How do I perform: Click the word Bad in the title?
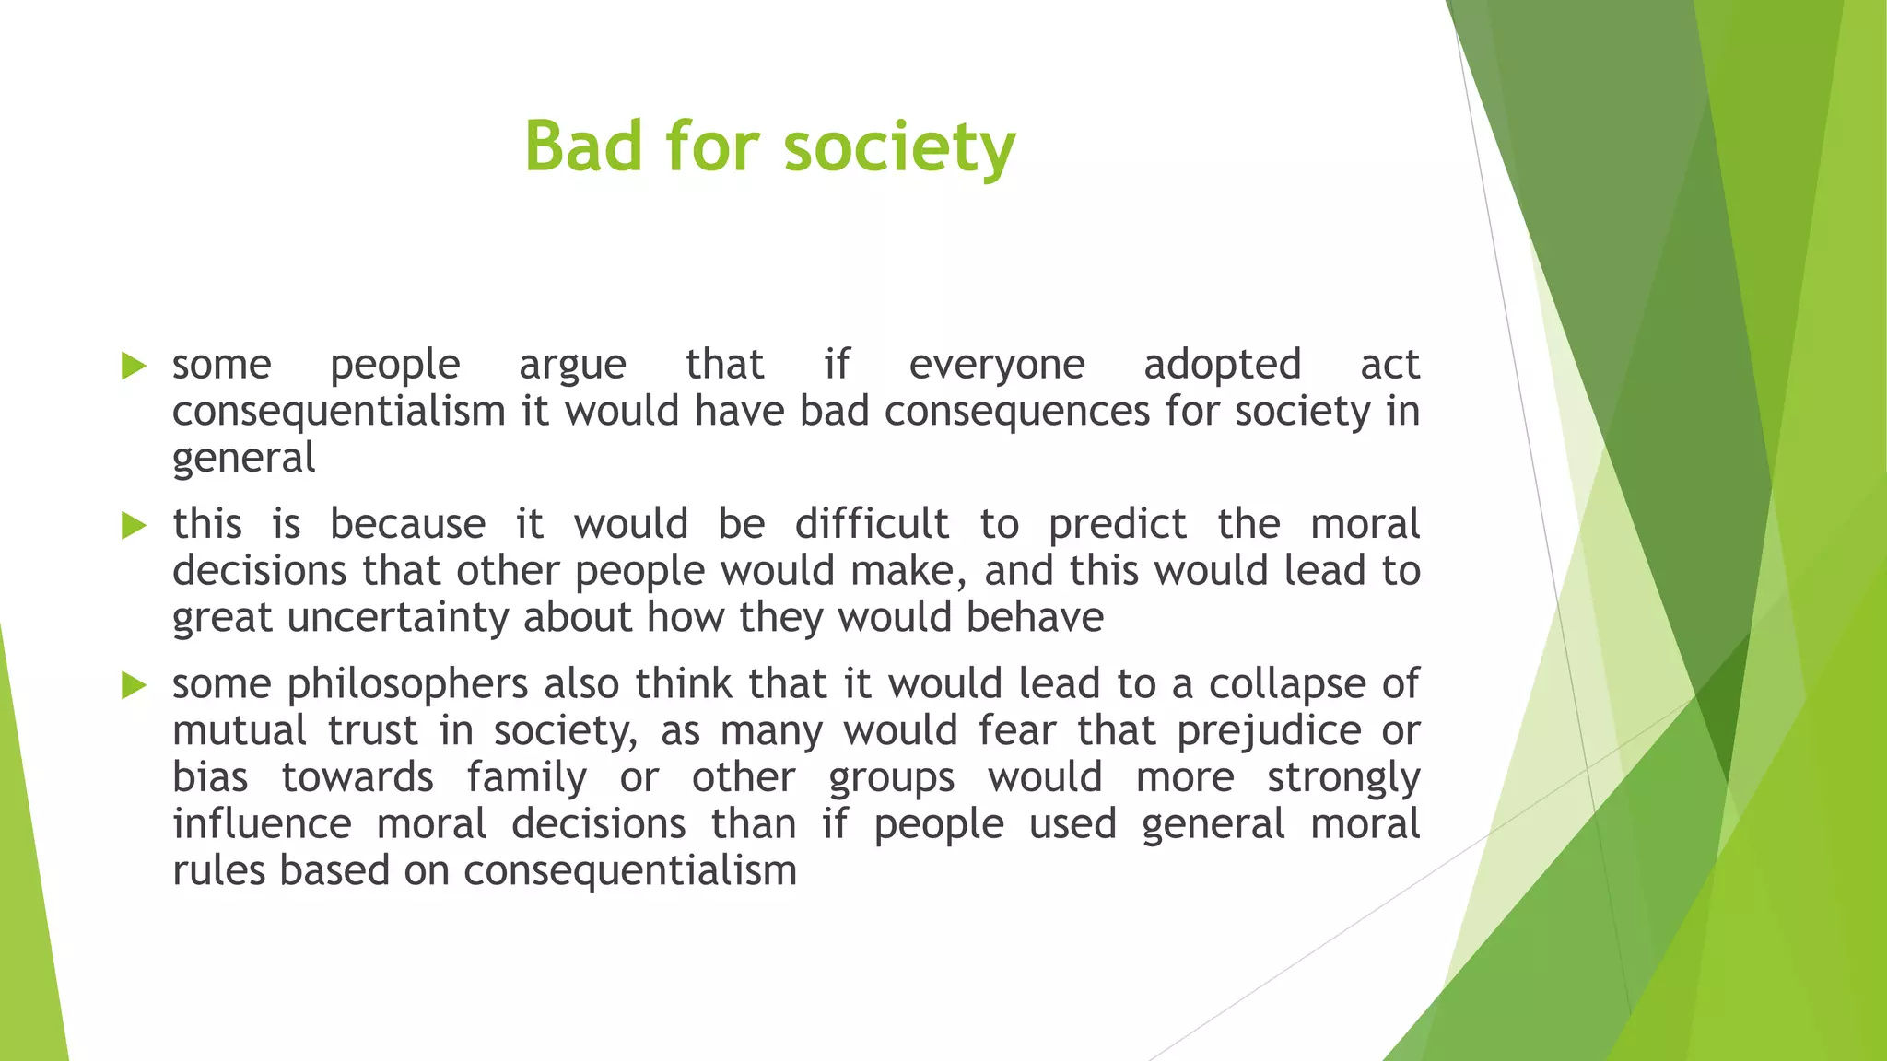coord(582,147)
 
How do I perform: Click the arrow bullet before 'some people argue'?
coord(134,366)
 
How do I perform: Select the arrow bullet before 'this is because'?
coord(134,526)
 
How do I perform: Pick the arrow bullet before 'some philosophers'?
coord(134,685)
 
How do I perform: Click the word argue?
coord(572,366)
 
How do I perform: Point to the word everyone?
coord(997,366)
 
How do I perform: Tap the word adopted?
coord(1222,366)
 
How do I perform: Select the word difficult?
coord(872,525)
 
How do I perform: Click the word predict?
coord(1118,525)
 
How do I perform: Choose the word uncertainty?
coord(398,618)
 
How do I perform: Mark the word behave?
coord(1035,618)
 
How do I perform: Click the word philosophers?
coord(407,685)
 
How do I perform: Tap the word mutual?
coord(240,731)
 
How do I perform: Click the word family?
coord(526,778)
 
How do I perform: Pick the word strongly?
coord(1343,779)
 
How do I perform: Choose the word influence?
coord(262,824)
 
